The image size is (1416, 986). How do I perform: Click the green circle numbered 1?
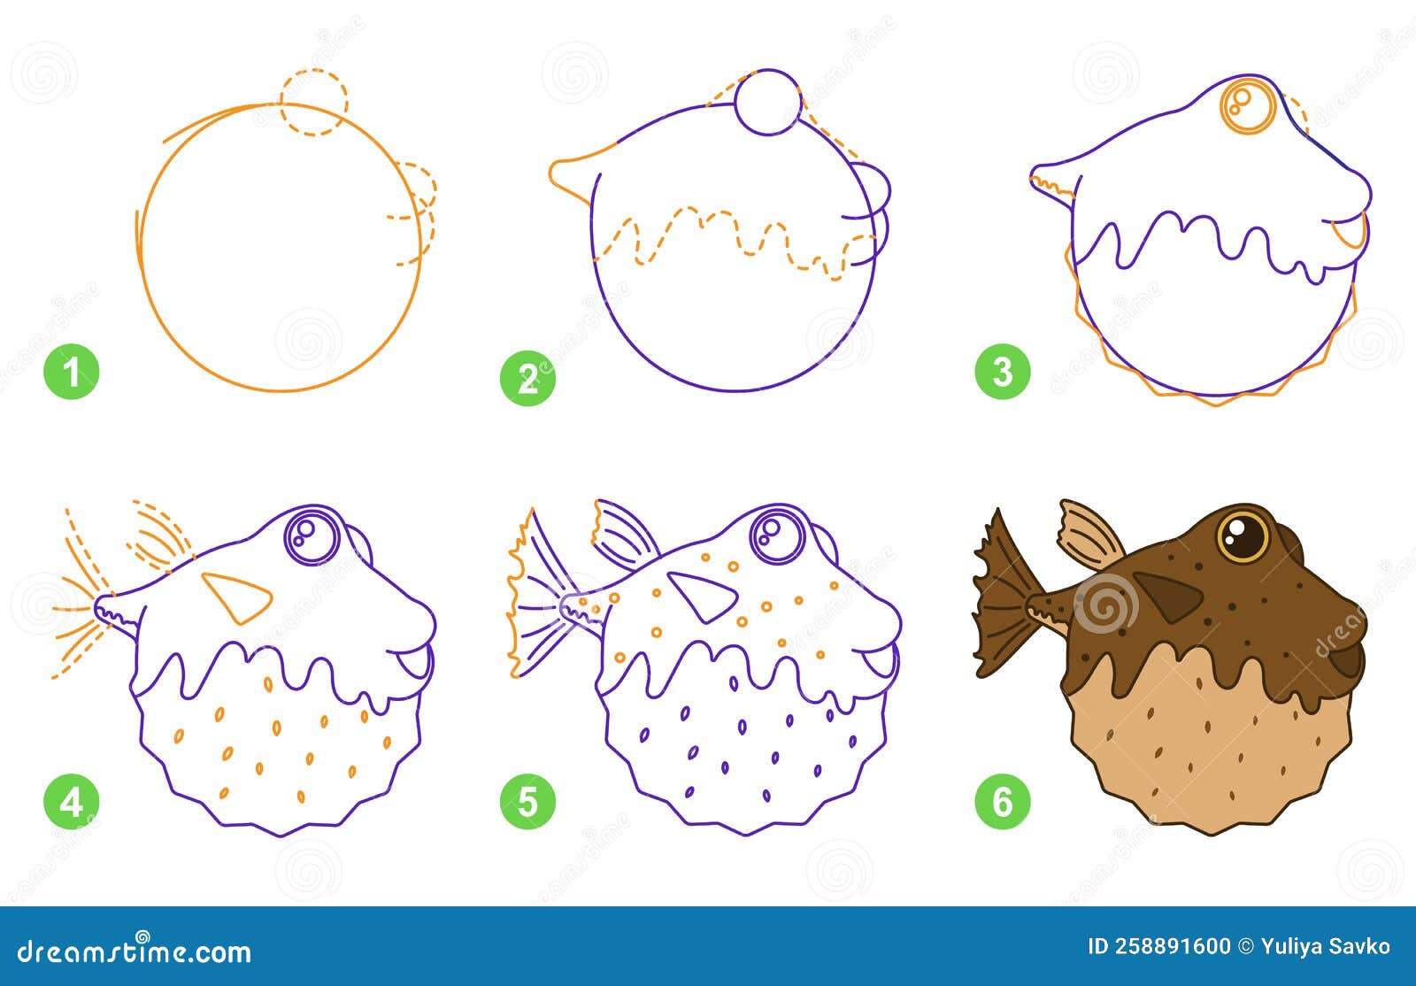(72, 372)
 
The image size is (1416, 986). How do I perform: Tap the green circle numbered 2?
(527, 379)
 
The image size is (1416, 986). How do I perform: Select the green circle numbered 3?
(1003, 372)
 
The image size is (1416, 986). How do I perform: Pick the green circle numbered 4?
(72, 803)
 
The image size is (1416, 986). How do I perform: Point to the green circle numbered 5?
(527, 803)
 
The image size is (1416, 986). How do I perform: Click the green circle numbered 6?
(1003, 803)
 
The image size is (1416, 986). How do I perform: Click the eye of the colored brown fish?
(1243, 534)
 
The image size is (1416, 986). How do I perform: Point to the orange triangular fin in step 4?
(235, 595)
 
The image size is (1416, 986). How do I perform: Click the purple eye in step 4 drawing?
(312, 534)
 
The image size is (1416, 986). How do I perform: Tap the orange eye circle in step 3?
(1249, 105)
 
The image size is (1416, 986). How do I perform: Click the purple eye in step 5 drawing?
(776, 534)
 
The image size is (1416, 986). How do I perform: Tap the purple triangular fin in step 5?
(701, 595)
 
